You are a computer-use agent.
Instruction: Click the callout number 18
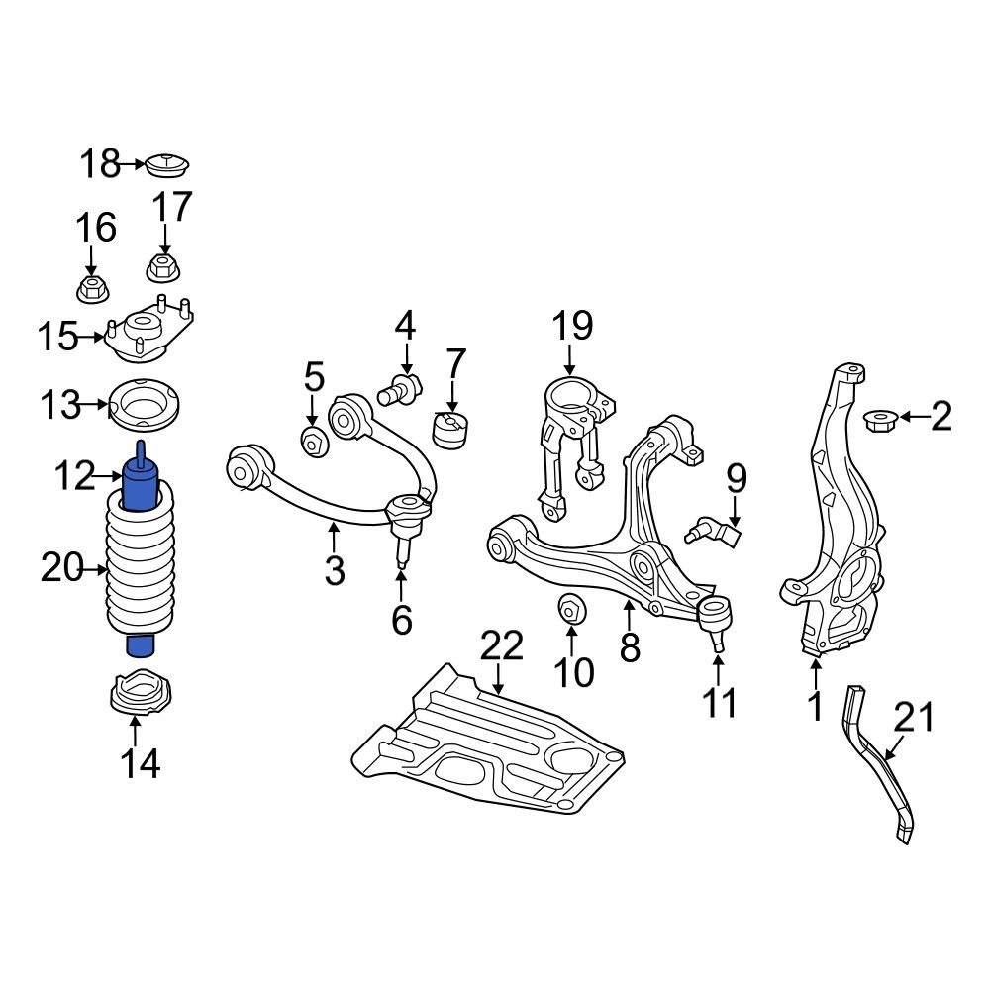pyautogui.click(x=100, y=164)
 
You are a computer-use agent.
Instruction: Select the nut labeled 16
pyautogui.click(x=92, y=290)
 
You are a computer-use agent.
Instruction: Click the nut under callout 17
pyautogui.click(x=162, y=267)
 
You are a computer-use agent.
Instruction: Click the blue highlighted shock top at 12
pyautogui.click(x=142, y=485)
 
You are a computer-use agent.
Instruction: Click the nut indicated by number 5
pyautogui.click(x=314, y=441)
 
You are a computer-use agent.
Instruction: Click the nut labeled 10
pyautogui.click(x=572, y=608)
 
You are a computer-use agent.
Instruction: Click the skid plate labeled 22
pyautogui.click(x=485, y=747)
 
